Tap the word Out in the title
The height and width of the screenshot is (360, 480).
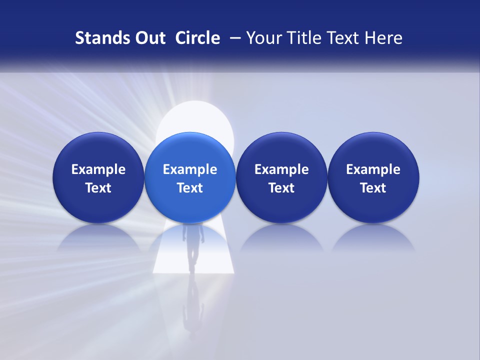149,38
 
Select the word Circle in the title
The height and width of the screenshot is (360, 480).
197,38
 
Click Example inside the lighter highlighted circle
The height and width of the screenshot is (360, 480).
190,169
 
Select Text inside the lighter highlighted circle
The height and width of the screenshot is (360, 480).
190,188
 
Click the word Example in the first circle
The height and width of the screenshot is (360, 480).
98,169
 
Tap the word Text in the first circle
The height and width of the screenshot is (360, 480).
98,188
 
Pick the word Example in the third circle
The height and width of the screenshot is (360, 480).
281,169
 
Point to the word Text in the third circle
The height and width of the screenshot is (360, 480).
281,188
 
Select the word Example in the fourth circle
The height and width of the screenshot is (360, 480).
373,169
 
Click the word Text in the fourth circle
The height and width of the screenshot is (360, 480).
373,188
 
